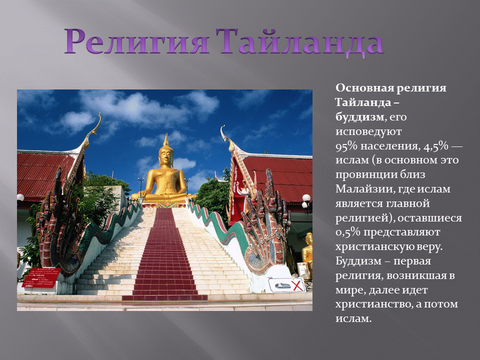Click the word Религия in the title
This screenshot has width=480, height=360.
point(136,41)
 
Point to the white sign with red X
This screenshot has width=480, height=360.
point(286,285)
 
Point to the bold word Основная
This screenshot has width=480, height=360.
point(363,87)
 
